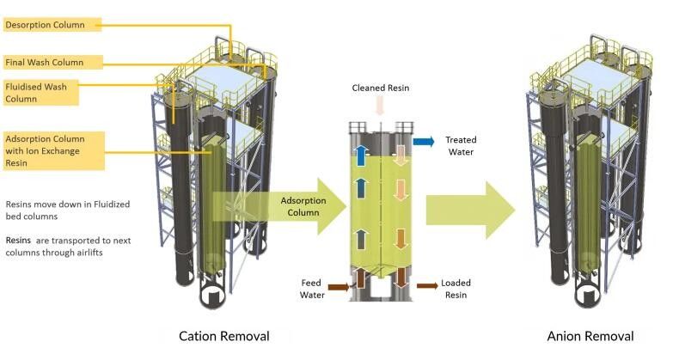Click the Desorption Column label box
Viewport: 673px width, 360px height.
click(52, 25)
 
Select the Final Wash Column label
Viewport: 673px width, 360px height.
click(52, 62)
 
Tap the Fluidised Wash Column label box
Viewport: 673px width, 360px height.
click(40, 92)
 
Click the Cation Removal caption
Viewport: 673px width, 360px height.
click(223, 335)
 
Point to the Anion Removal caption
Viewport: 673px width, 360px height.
click(590, 335)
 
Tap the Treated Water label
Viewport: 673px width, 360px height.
click(461, 146)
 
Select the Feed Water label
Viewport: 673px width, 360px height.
click(310, 288)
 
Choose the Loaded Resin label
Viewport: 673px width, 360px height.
click(456, 288)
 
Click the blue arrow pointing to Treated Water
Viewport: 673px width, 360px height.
click(423, 141)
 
